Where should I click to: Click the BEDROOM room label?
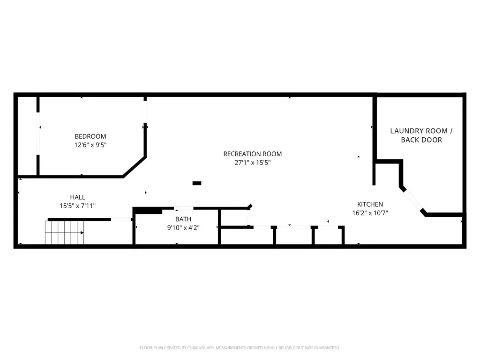click(x=90, y=136)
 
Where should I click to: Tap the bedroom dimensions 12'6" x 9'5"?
click(x=90, y=145)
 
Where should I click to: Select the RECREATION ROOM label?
click(x=253, y=154)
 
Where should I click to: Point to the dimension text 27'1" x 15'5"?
click(x=253, y=163)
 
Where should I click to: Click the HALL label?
click(x=77, y=197)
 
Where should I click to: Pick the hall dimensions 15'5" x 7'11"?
click(x=77, y=206)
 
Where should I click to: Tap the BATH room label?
click(x=183, y=219)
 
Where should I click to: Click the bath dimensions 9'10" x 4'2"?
click(x=183, y=228)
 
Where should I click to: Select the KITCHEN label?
click(x=370, y=204)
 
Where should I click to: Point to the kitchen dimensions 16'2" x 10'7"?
click(x=370, y=213)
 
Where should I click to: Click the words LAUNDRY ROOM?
click(x=419, y=131)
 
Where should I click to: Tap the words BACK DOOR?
click(x=421, y=140)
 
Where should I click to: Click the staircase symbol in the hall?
click(x=64, y=232)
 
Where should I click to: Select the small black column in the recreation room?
click(x=197, y=183)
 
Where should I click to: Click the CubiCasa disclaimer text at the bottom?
click(x=240, y=348)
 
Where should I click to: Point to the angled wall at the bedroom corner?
click(x=134, y=167)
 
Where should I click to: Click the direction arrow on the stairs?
click(x=82, y=233)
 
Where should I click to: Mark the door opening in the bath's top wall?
click(x=184, y=209)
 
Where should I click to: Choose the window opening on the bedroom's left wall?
click(x=38, y=134)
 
